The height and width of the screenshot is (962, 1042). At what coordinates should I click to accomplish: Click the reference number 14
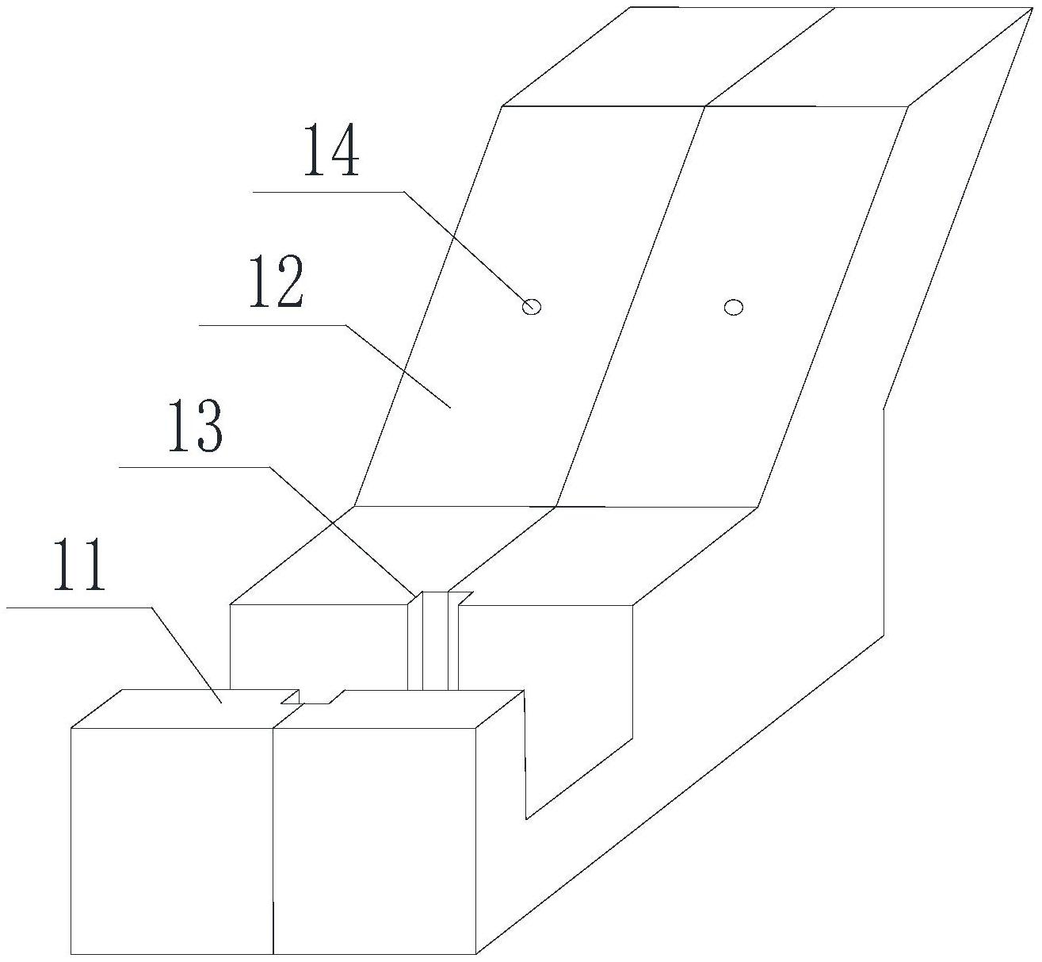click(x=331, y=149)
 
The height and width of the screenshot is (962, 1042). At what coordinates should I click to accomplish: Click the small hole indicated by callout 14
click(x=532, y=306)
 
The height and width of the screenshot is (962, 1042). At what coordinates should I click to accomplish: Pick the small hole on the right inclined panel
click(x=733, y=308)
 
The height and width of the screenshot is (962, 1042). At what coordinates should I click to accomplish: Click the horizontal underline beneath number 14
click(x=328, y=192)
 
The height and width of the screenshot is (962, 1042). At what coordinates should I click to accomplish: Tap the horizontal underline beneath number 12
click(x=273, y=325)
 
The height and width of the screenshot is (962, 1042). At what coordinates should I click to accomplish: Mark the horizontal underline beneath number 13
click(x=194, y=466)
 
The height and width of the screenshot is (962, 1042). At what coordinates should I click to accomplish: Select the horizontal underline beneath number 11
click(x=79, y=607)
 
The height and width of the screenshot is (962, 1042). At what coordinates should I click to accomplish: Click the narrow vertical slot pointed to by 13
click(x=435, y=641)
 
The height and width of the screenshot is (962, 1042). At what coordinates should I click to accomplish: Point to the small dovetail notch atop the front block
click(x=313, y=697)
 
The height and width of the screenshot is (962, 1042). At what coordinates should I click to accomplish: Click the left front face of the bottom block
click(x=172, y=841)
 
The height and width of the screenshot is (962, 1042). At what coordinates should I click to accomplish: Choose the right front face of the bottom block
click(x=375, y=841)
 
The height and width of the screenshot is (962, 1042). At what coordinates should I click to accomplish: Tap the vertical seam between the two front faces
click(x=273, y=841)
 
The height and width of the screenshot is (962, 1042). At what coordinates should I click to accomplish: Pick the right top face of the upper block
click(x=871, y=57)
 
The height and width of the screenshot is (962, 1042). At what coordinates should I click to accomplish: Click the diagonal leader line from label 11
click(x=186, y=655)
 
